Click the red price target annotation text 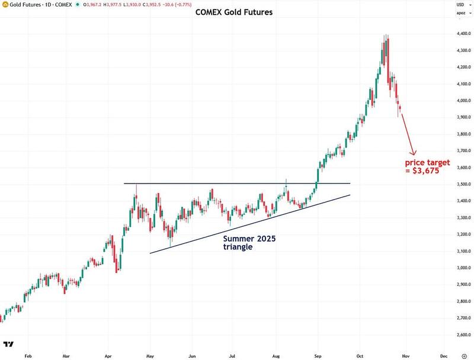427,166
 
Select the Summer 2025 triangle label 249,242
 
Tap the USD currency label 460,4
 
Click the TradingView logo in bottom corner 8,344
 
